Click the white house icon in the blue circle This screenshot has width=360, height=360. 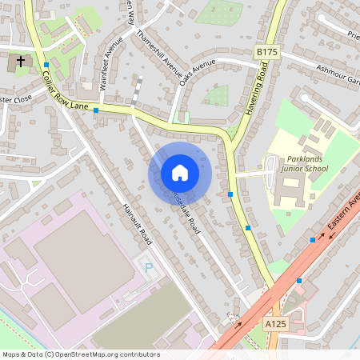[x=180, y=173]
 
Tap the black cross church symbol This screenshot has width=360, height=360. [x=21, y=61]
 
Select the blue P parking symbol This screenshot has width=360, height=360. [x=146, y=266]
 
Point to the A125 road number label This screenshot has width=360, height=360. [x=274, y=322]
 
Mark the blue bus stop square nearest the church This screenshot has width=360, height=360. [x=46, y=65]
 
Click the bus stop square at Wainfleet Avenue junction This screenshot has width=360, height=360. [x=96, y=110]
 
